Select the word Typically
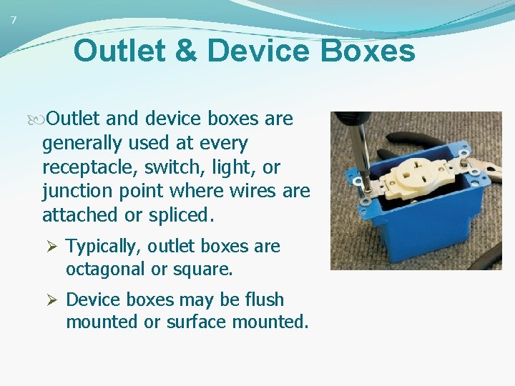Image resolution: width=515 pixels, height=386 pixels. [x=105, y=247]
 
